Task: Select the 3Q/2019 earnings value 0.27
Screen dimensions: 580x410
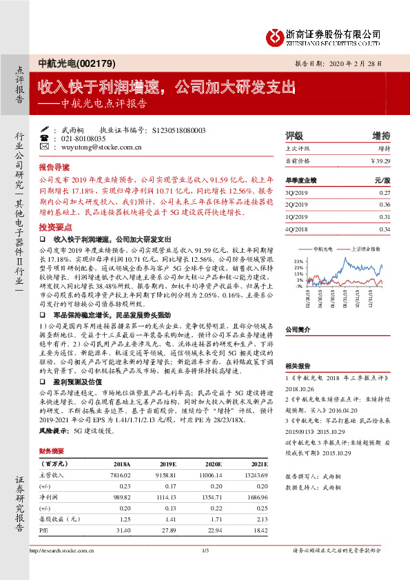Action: [385, 194]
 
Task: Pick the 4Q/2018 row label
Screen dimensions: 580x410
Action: [295, 229]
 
